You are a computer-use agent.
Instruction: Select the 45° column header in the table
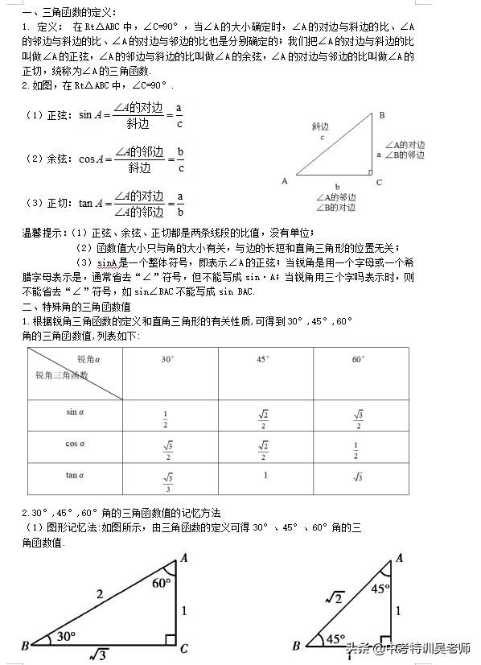click(263, 359)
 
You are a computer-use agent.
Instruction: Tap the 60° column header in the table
click(358, 359)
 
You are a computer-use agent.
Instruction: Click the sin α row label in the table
click(75, 412)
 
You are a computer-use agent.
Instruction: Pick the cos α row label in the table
click(75, 443)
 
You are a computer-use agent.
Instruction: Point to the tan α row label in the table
click(75, 475)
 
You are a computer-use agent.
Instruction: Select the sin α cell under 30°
click(166, 419)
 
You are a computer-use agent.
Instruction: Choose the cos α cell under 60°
click(357, 450)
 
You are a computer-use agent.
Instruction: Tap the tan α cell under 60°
click(358, 477)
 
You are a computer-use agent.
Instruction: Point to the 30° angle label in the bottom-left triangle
click(66, 636)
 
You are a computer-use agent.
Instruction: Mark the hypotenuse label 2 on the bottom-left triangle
click(99, 594)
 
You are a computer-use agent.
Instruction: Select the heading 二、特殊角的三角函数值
click(77, 307)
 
